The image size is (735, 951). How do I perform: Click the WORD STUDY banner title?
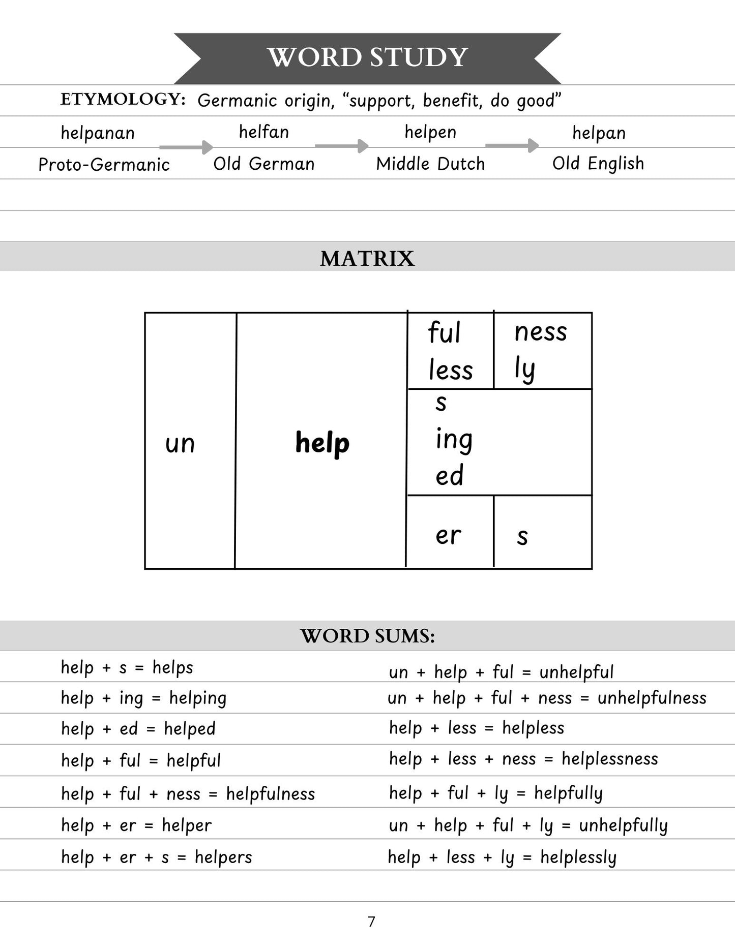(367, 57)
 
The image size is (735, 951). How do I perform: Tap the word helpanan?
(98, 133)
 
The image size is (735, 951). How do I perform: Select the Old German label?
(263, 164)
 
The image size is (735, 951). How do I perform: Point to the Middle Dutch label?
(430, 164)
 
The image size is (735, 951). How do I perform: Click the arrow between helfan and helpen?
(341, 146)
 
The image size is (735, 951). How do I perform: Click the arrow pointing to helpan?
(512, 146)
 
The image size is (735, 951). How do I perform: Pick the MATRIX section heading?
(367, 258)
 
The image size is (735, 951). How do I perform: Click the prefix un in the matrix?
(180, 444)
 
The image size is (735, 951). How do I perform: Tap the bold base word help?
(322, 443)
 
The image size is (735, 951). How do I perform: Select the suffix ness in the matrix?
(540, 332)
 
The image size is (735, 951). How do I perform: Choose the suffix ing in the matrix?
(454, 440)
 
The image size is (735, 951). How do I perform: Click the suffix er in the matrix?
(448, 535)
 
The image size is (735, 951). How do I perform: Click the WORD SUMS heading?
(367, 636)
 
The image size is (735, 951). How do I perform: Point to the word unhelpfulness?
(652, 698)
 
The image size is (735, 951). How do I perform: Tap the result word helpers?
(223, 857)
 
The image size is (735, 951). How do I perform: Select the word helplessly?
(578, 857)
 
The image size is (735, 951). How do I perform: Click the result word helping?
(198, 698)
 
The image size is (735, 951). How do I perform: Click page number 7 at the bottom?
(371, 922)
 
